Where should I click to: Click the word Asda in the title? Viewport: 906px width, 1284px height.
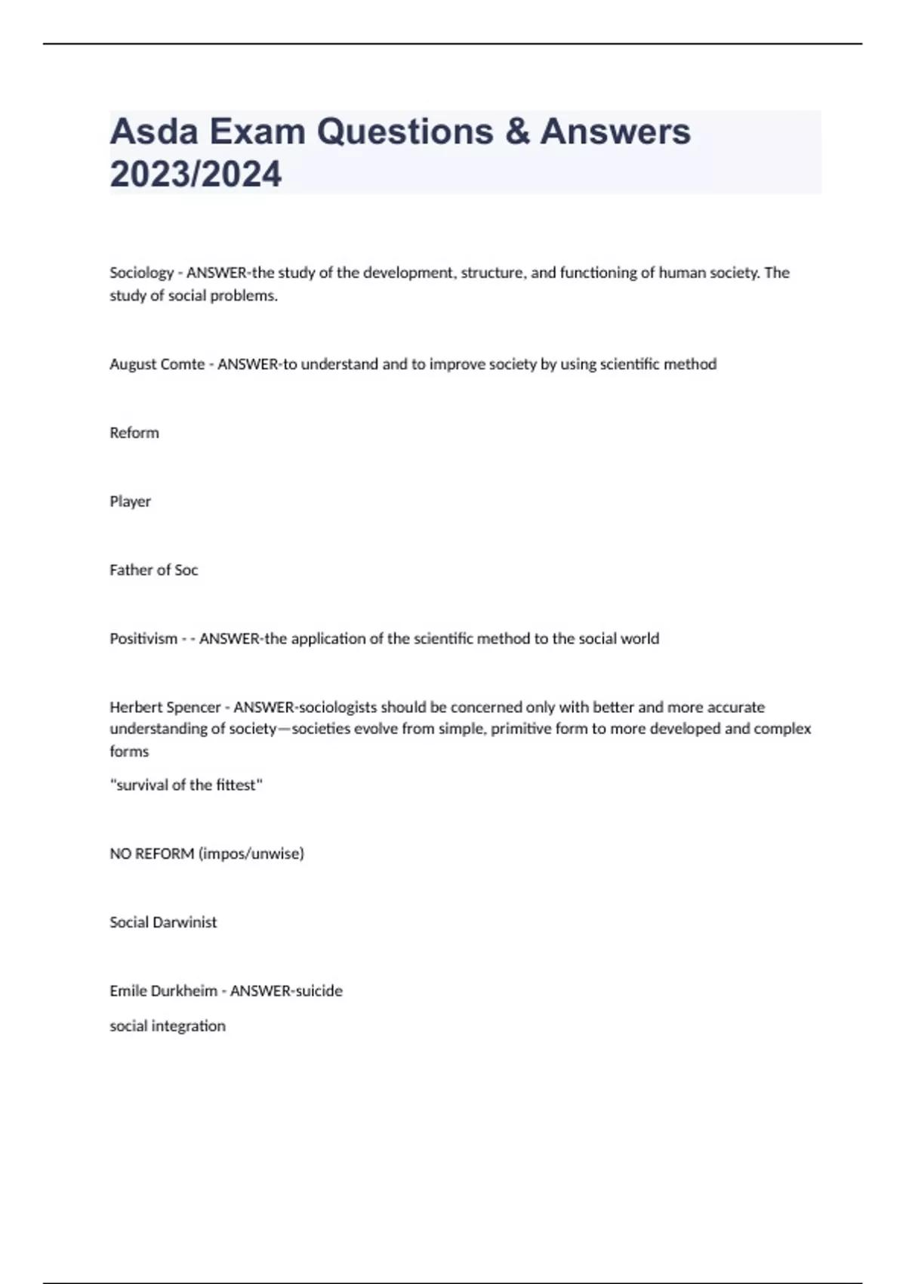click(x=154, y=131)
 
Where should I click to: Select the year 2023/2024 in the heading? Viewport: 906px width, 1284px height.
click(x=196, y=174)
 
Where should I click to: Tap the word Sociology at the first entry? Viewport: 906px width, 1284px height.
click(x=141, y=273)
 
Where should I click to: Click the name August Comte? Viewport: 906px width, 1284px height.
click(x=157, y=364)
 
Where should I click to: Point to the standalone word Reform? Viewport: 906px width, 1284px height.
click(x=134, y=433)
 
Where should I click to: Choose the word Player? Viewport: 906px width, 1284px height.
click(x=130, y=502)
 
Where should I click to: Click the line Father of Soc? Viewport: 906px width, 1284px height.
click(x=153, y=570)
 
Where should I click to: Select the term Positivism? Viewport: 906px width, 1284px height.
click(x=143, y=639)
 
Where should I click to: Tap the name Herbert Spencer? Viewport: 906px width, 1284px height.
click(x=165, y=708)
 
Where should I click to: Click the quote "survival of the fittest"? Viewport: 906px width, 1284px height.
click(x=186, y=785)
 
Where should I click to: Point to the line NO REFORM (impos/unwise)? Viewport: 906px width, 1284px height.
click(x=206, y=853)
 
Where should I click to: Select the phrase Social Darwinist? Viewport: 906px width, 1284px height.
click(x=163, y=922)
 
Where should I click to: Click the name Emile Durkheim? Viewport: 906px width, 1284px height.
click(x=163, y=991)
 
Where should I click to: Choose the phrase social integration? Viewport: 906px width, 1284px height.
click(x=168, y=1026)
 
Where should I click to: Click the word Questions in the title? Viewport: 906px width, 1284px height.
click(x=405, y=131)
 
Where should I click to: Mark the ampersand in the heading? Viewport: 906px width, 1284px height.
click(x=517, y=131)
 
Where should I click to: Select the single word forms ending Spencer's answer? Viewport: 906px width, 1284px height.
click(x=129, y=752)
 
